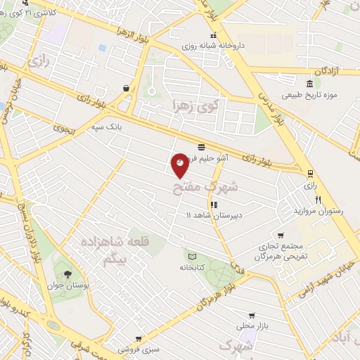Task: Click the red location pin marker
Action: coord(181,164)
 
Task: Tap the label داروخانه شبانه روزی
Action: coord(212,46)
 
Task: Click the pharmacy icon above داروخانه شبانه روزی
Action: coord(212,36)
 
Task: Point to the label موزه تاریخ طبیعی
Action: coord(310,94)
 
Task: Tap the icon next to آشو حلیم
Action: coord(202,147)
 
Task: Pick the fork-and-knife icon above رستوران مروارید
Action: coord(318,200)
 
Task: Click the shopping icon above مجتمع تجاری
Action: coord(281,236)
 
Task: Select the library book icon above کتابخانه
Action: coord(191,256)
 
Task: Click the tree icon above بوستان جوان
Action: coord(67,274)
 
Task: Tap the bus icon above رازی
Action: coord(310,173)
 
